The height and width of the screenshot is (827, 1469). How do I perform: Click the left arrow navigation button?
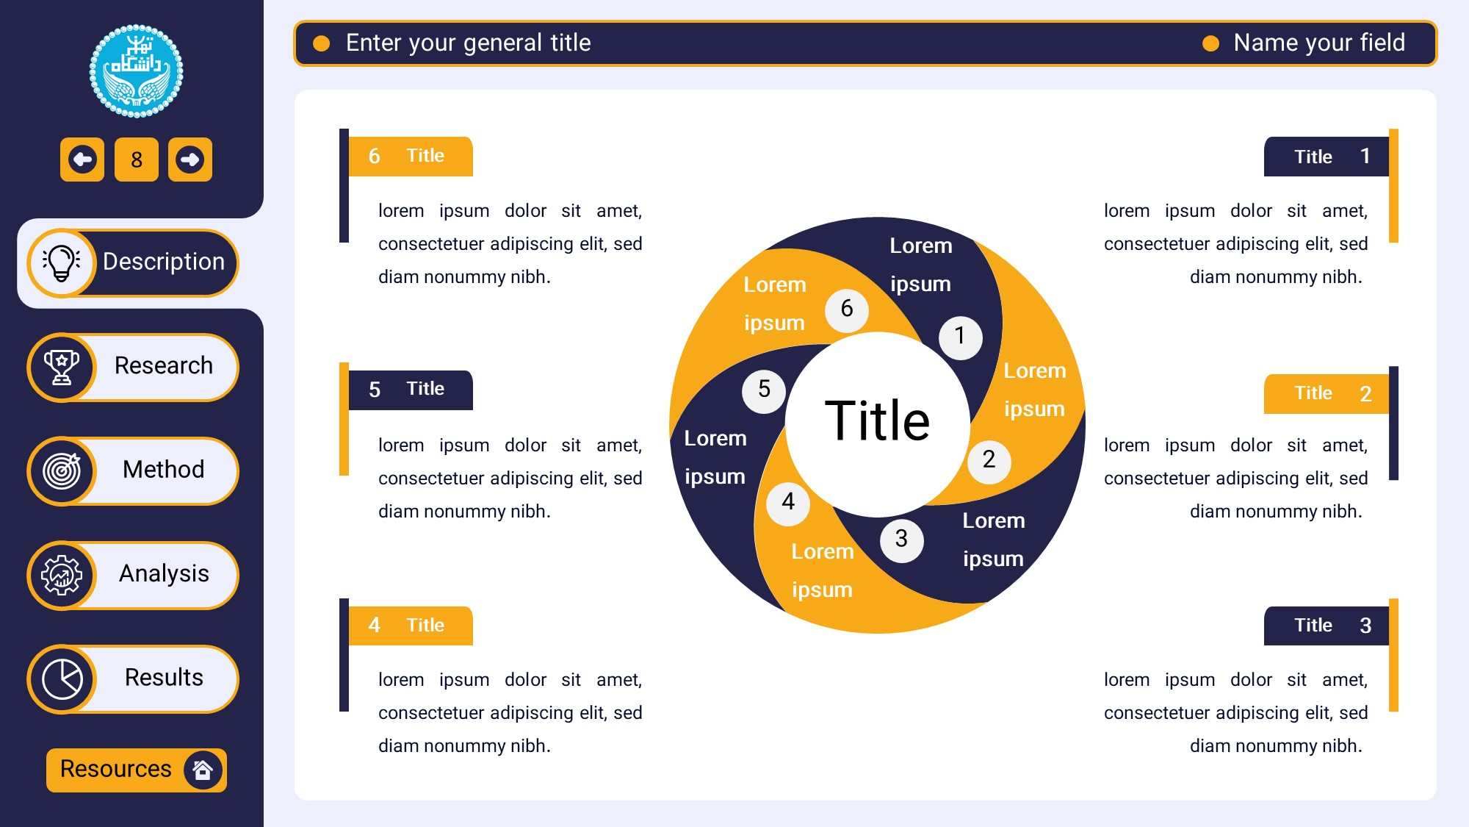[82, 160]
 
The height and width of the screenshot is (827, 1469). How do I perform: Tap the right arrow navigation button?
[190, 160]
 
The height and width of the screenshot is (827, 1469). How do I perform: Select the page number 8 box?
[137, 160]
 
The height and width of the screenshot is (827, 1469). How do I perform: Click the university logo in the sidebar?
[136, 71]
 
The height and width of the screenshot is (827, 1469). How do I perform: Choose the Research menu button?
[133, 367]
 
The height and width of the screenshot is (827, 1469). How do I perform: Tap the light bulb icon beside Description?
[62, 262]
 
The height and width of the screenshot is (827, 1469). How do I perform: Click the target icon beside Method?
[62, 471]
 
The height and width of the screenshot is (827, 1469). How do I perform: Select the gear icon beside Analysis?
[62, 575]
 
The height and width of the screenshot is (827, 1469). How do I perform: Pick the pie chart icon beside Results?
[62, 679]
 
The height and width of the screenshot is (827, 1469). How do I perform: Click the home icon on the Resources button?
[203, 770]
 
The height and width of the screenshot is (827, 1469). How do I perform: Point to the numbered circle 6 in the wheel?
[846, 309]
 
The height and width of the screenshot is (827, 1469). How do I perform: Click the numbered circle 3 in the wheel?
[901, 540]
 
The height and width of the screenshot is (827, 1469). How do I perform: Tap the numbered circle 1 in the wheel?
[960, 337]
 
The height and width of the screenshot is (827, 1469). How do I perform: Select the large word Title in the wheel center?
[877, 420]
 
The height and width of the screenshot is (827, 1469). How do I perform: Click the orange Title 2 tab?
[1327, 394]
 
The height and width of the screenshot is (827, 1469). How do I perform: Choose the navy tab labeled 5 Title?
[411, 390]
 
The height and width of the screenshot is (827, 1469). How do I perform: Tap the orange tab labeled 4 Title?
[411, 626]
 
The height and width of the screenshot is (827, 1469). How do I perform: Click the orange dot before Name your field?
[1210, 44]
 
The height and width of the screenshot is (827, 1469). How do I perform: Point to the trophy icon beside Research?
[62, 367]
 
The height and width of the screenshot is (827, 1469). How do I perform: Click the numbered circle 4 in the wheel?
[788, 503]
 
